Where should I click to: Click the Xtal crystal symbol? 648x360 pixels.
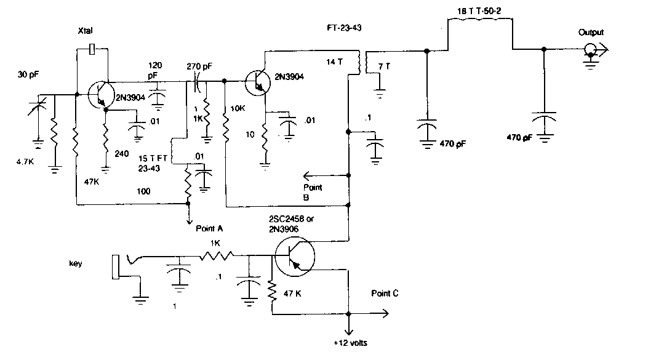pyautogui.click(x=92, y=49)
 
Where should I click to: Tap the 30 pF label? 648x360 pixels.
pyautogui.click(x=28, y=74)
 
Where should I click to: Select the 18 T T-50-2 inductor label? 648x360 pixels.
pyautogui.click(x=479, y=11)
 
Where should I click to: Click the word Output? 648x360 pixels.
pyautogui.click(x=591, y=32)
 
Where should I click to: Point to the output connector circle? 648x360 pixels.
pyautogui.click(x=590, y=50)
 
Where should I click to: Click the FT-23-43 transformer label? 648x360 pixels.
pyautogui.click(x=344, y=28)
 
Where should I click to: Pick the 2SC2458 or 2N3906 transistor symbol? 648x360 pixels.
pyautogui.click(x=295, y=257)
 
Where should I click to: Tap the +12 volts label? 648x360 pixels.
pyautogui.click(x=350, y=343)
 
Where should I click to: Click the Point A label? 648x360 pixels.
pyautogui.click(x=209, y=228)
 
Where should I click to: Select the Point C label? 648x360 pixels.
pyautogui.click(x=385, y=293)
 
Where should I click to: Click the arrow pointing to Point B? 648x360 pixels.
pyautogui.click(x=326, y=175)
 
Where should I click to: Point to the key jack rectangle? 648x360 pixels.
pyautogui.click(x=115, y=267)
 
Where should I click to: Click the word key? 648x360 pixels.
pyautogui.click(x=75, y=263)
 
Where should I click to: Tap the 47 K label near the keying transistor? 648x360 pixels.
pyautogui.click(x=292, y=294)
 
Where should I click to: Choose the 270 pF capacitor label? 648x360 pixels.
pyautogui.click(x=199, y=66)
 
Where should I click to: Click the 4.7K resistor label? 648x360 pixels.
pyautogui.click(x=25, y=162)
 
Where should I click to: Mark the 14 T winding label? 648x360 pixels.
pyautogui.click(x=334, y=62)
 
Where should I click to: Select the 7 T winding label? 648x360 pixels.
pyautogui.click(x=384, y=66)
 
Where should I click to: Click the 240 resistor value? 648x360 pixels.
pyautogui.click(x=121, y=154)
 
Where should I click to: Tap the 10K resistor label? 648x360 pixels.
pyautogui.click(x=238, y=108)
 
